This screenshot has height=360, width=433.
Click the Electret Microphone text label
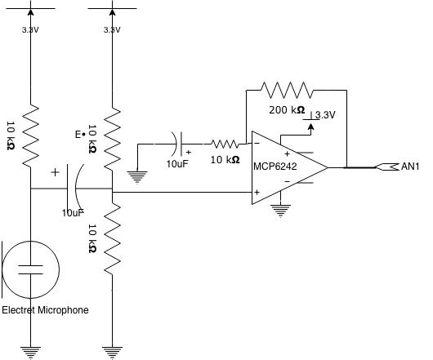click(x=45, y=310)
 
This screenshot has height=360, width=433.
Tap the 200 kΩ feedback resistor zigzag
click(x=285, y=89)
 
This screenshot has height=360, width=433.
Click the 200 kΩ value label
click(x=287, y=109)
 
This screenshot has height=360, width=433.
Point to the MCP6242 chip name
click(x=276, y=167)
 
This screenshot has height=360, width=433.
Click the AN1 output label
click(x=410, y=167)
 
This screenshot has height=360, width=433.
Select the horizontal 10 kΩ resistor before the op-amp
click(x=224, y=144)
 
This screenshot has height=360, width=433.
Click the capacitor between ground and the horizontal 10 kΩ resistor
click(x=180, y=144)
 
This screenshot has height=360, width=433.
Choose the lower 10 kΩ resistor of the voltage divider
click(x=111, y=236)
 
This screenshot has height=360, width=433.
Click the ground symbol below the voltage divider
click(x=111, y=351)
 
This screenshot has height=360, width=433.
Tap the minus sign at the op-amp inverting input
click(x=258, y=144)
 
